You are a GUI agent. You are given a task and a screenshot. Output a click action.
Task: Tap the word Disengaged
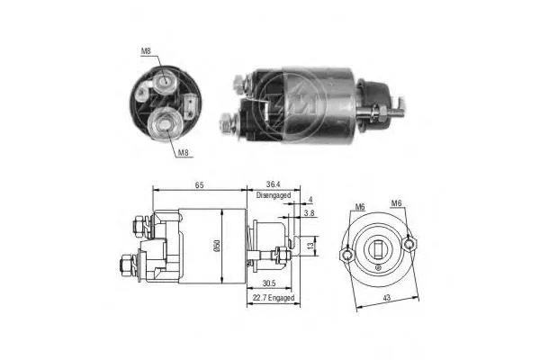tap(274, 194)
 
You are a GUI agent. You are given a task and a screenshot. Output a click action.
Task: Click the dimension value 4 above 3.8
tap(309, 200)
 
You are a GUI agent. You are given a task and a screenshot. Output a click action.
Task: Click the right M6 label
tap(397, 204)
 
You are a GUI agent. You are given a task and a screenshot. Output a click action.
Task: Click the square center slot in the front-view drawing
tap(380, 248)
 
